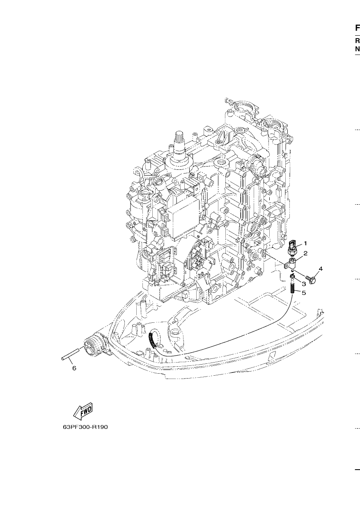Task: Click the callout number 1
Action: point(305,243)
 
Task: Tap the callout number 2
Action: point(305,253)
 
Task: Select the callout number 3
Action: point(304,284)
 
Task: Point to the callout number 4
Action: point(321,269)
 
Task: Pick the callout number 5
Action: point(304,293)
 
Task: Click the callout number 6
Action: point(74,368)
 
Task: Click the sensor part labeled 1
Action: point(292,249)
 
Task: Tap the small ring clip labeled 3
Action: point(292,276)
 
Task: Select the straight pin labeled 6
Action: point(70,354)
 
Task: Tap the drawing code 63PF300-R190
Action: point(85,427)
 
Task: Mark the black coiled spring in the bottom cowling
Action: point(152,340)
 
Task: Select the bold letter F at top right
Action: point(358,28)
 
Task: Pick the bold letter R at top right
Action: point(358,41)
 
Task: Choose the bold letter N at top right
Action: point(358,49)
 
